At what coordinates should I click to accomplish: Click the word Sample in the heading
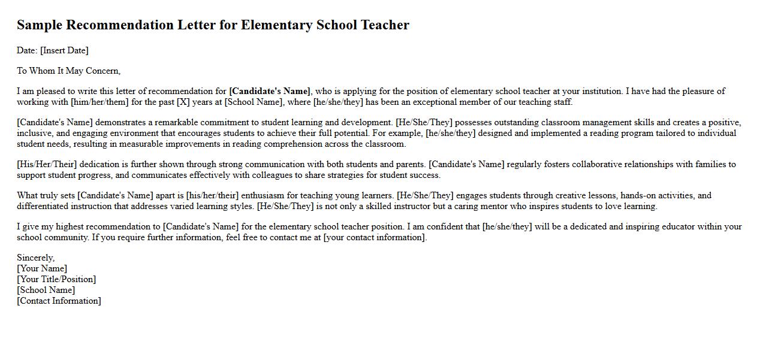point(40,25)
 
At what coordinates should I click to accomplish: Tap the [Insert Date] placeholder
point(64,50)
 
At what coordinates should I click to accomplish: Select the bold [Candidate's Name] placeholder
point(270,91)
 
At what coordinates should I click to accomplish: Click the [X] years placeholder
point(183,102)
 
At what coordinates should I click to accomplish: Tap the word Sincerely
point(35,258)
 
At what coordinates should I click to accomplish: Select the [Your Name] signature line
point(42,268)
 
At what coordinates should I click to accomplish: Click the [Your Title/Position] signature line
point(56,279)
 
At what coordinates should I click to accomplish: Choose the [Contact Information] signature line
point(59,301)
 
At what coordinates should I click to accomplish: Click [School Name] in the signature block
point(46,290)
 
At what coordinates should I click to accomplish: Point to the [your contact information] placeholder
point(375,237)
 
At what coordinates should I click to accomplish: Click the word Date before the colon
point(26,50)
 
